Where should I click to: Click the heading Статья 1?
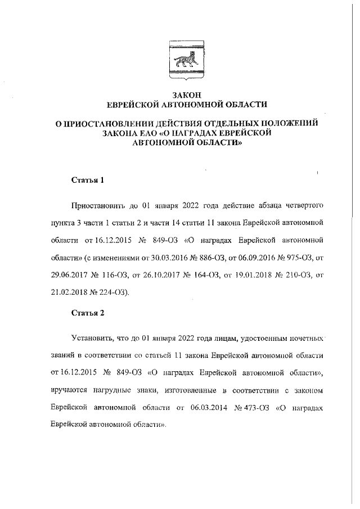pyautogui.click(x=88, y=181)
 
